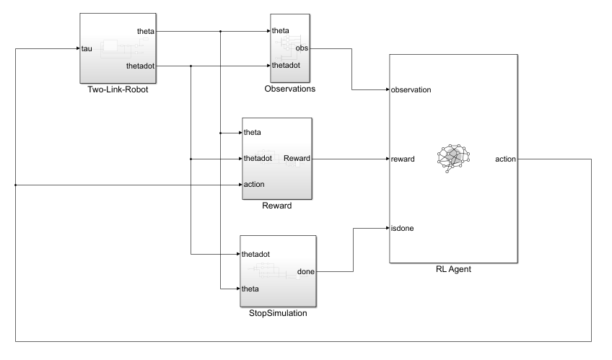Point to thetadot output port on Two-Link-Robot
[139, 66]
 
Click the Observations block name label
[290, 89]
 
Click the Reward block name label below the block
[277, 206]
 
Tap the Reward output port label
[297, 158]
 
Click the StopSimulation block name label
[277, 312]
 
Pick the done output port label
[305, 272]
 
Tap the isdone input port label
[402, 229]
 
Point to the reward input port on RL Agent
[402, 159]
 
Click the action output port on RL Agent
[505, 159]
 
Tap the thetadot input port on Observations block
[287, 66]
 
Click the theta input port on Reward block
[253, 133]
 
